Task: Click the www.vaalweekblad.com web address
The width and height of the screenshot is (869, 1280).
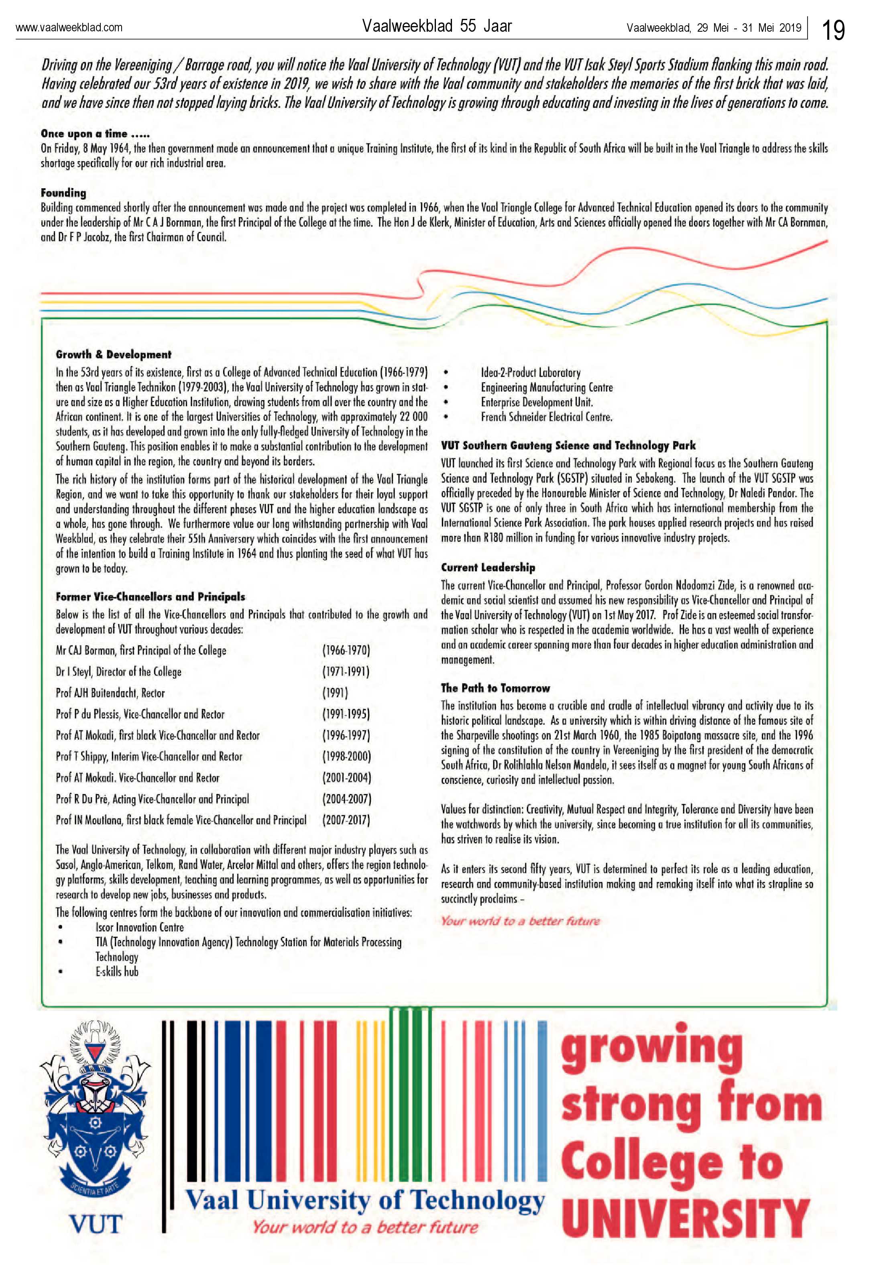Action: (69, 28)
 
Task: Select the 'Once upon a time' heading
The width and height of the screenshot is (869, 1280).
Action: (95, 134)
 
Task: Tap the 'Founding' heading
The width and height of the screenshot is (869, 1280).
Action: (63, 193)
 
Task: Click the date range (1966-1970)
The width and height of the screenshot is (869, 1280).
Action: (346, 651)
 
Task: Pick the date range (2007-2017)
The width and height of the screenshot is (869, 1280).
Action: (346, 820)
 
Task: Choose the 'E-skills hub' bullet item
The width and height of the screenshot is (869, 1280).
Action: (117, 972)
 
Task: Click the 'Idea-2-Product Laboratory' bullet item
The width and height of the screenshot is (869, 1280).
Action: (530, 372)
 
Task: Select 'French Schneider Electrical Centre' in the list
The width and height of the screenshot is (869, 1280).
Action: (546, 417)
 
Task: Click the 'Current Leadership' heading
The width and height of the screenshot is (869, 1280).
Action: (488, 567)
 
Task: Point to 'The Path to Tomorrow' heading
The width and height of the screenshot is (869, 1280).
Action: (495, 688)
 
